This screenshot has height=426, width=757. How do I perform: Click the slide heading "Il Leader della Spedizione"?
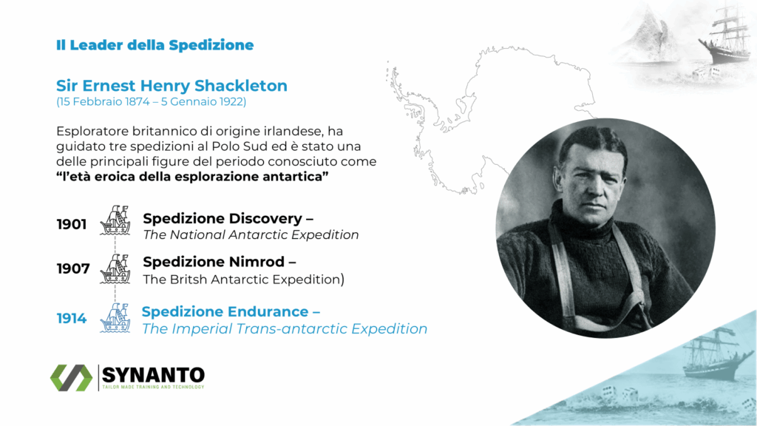click(x=155, y=45)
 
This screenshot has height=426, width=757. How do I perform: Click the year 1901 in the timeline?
click(x=72, y=224)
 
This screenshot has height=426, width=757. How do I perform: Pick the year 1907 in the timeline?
click(x=73, y=268)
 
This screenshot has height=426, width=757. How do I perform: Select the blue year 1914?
click(x=72, y=318)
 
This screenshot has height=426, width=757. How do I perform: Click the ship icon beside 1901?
click(x=115, y=220)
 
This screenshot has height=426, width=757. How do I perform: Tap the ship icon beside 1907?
click(x=115, y=268)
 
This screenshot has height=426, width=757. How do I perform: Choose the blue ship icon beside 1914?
click(x=115, y=318)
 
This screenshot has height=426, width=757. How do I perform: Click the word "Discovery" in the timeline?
click(x=265, y=219)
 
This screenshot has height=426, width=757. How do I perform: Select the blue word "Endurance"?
click(x=268, y=311)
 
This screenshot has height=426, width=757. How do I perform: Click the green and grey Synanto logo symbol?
click(x=72, y=378)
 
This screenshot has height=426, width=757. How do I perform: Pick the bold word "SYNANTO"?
click(x=153, y=375)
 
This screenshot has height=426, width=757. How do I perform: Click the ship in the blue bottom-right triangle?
click(x=715, y=354)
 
